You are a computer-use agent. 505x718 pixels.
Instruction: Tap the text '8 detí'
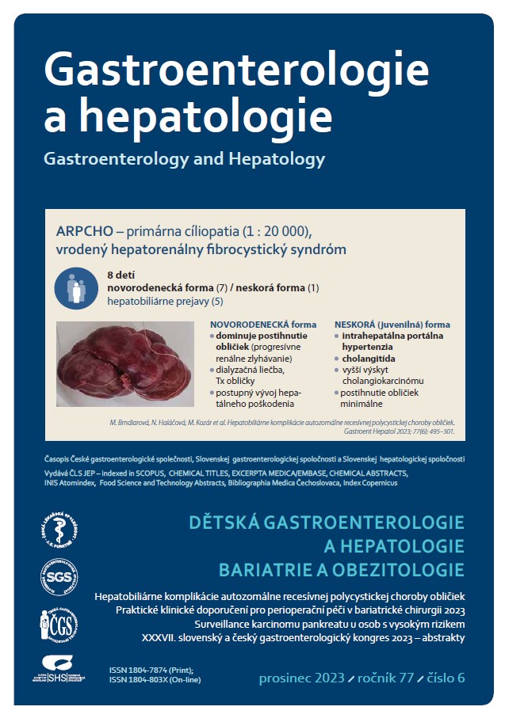pyautogui.click(x=121, y=274)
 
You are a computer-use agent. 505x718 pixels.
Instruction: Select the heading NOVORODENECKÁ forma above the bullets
pyautogui.click(x=262, y=325)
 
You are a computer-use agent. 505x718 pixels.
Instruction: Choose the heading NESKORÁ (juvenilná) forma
pyautogui.click(x=392, y=325)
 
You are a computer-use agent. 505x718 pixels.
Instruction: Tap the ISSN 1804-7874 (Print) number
pyautogui.click(x=155, y=670)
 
